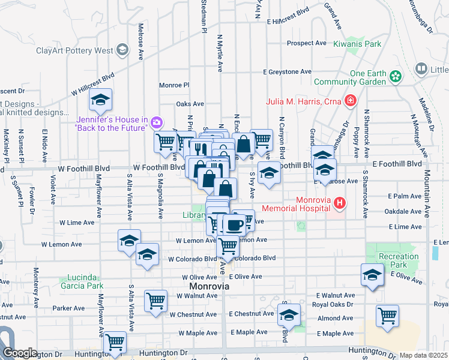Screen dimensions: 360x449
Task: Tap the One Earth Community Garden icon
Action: click(395, 76)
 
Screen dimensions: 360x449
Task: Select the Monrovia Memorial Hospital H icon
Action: click(340, 203)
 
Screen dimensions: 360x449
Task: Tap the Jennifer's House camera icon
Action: click(157, 123)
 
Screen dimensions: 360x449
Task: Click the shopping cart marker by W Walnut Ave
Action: click(155, 301)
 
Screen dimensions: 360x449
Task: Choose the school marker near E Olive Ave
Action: click(372, 275)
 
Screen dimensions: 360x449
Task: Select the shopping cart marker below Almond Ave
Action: click(388, 315)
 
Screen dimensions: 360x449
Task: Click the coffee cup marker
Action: click(234, 225)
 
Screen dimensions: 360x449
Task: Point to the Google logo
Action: click(20, 353)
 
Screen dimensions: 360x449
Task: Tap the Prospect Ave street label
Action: click(306, 43)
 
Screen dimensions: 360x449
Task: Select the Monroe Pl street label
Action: click(174, 85)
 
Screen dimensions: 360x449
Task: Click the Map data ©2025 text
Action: click(423, 355)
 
